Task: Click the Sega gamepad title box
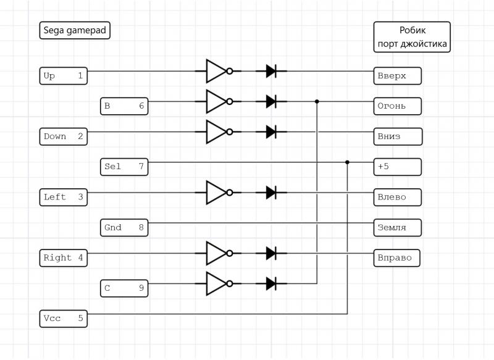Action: point(75,30)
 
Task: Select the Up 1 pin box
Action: point(64,76)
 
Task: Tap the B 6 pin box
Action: point(125,106)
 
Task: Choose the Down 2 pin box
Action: point(64,136)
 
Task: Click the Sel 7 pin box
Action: point(125,167)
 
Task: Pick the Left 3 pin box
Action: point(64,197)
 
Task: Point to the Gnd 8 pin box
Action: point(125,227)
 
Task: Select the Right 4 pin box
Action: point(64,257)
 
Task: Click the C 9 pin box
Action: point(125,288)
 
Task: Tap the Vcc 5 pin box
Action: point(64,319)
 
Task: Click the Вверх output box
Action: point(398,76)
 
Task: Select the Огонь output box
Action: point(398,106)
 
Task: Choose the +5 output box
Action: point(398,167)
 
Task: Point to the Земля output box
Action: point(398,227)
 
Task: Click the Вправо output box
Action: point(397,257)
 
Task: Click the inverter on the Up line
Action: point(217,71)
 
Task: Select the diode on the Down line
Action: point(271,132)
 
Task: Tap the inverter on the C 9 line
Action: point(217,283)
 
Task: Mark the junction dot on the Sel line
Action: point(347,162)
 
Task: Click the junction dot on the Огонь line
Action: point(317,101)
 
